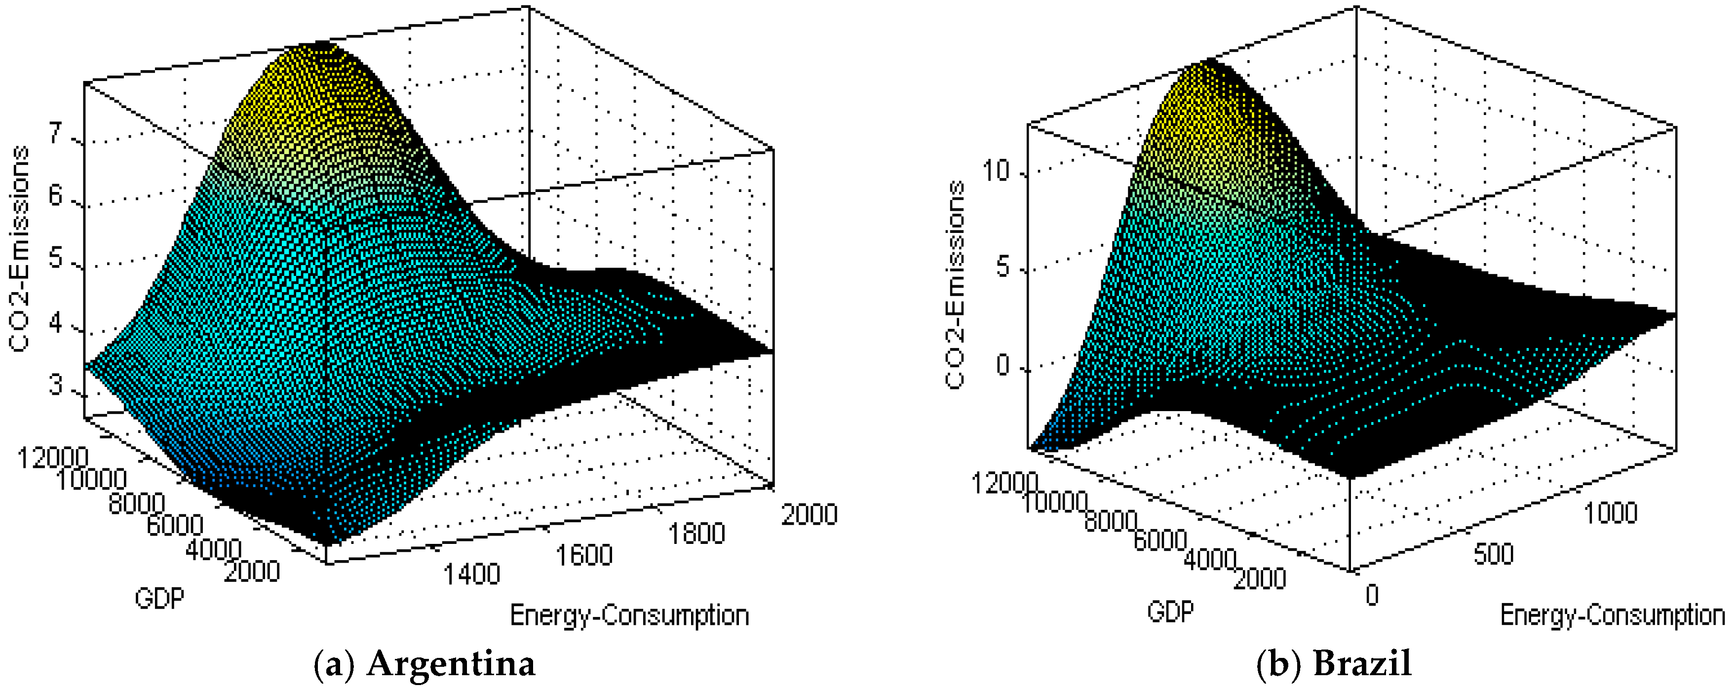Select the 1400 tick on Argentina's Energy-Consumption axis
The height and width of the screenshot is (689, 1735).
coord(471,574)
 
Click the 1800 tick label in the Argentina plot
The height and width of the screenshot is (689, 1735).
coord(696,534)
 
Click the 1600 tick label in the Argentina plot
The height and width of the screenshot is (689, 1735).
coord(584,555)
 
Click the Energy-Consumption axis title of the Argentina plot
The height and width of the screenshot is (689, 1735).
coord(629,615)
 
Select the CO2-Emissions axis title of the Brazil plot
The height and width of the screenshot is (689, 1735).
coord(955,284)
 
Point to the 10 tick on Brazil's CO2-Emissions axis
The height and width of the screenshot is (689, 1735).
coord(996,171)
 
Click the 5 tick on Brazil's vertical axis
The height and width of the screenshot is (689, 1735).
coord(1003,268)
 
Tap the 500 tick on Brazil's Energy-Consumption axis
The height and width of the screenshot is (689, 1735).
coord(1493,554)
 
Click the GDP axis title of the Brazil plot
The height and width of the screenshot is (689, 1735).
coord(1170,612)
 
